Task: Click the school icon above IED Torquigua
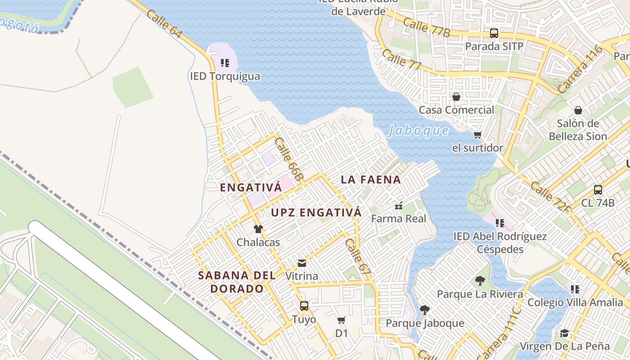[225, 63]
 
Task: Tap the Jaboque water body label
[418, 130]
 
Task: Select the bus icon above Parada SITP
[494, 33]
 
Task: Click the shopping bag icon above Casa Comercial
[456, 97]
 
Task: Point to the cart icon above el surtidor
[477, 135]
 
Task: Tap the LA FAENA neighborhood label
[370, 180]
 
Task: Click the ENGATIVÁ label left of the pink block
[251, 188]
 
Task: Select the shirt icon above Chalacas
[258, 229]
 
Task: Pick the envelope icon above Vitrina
[302, 263]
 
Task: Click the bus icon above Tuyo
[304, 306]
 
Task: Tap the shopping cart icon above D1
[342, 320]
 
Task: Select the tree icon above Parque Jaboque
[424, 310]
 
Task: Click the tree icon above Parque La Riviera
[480, 281]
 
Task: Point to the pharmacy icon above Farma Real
[398, 206]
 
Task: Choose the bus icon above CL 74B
[598, 189]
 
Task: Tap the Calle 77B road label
[426, 27]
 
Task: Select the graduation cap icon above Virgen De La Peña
[564, 333]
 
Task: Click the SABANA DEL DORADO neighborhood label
[237, 282]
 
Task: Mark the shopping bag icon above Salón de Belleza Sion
[578, 110]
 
